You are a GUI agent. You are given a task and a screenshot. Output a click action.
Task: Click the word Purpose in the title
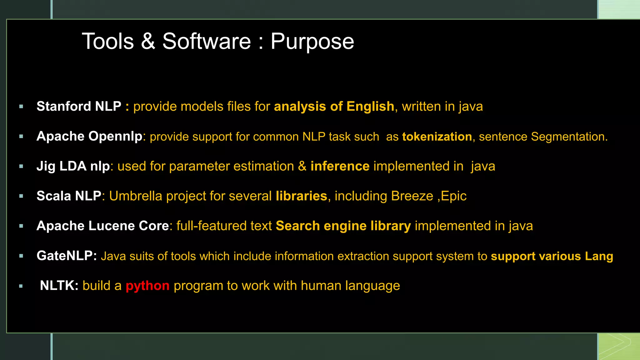[312, 42]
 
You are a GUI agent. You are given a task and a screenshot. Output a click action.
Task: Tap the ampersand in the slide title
[148, 41]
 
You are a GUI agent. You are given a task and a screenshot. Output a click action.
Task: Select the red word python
[147, 286]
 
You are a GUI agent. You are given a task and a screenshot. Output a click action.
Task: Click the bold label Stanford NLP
[79, 106]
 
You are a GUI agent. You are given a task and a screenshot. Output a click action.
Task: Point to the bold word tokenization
[437, 137]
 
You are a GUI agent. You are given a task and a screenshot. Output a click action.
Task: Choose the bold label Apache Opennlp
[89, 136]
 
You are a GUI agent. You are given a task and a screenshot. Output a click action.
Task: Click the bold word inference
[340, 166]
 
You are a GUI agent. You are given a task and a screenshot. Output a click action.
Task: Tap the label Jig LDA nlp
[73, 166]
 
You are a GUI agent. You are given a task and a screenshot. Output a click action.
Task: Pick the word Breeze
[412, 196]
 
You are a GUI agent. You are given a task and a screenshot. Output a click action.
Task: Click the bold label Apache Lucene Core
[102, 226]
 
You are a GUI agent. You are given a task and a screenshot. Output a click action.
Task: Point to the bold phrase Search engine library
[343, 226]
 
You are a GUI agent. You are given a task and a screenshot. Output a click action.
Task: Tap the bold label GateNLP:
[67, 256]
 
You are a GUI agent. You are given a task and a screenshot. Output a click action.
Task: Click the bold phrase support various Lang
[552, 256]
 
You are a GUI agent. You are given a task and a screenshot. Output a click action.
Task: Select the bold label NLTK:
[59, 286]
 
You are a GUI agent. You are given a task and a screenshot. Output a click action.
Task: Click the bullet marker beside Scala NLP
[21, 196]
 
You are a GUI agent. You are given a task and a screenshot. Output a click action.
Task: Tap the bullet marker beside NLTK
[21, 286]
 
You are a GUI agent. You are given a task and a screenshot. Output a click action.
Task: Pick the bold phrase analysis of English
[334, 106]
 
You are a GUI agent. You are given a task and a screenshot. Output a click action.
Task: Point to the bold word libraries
[301, 196]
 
